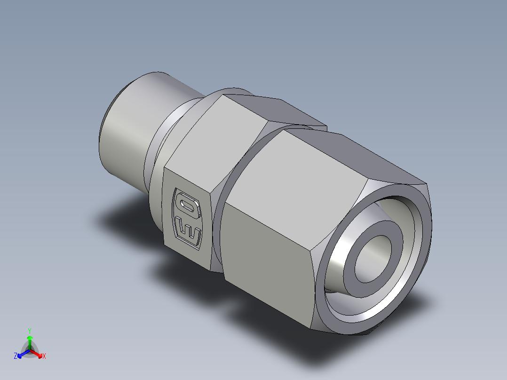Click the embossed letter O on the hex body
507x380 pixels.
coord(187,204)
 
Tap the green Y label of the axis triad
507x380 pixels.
coord(30,330)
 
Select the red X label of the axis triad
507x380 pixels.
coord(44,356)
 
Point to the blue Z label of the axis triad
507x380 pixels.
coord(16,356)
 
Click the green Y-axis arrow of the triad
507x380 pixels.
coord(30,341)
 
